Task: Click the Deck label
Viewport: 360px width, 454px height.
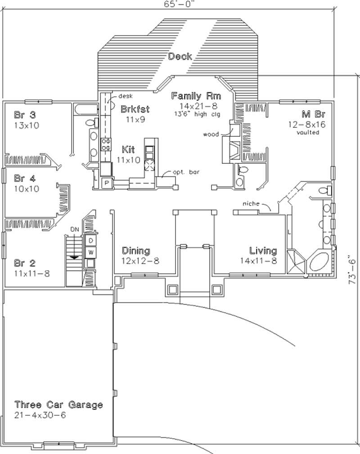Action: click(x=180, y=56)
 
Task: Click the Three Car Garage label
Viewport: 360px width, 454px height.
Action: click(x=58, y=405)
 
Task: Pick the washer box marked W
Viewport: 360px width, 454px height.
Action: click(x=90, y=252)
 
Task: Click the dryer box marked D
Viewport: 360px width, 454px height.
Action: click(x=90, y=241)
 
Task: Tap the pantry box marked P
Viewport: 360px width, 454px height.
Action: click(x=107, y=183)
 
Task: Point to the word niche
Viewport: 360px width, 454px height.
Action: click(x=251, y=204)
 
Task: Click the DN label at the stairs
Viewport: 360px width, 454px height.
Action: click(x=75, y=229)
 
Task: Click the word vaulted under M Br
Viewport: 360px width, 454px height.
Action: click(x=308, y=133)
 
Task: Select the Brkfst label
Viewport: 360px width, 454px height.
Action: click(x=135, y=109)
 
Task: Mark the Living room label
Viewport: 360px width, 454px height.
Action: click(x=263, y=251)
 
